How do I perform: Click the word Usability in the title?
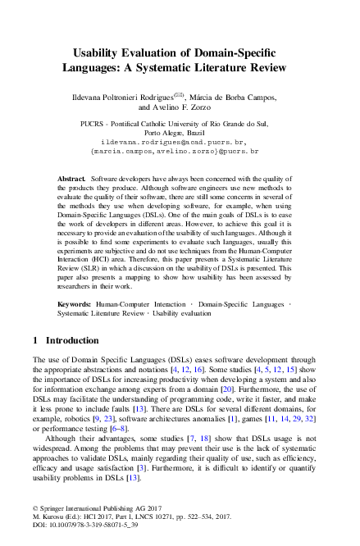click(96, 50)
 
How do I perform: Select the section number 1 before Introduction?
click(34, 340)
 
